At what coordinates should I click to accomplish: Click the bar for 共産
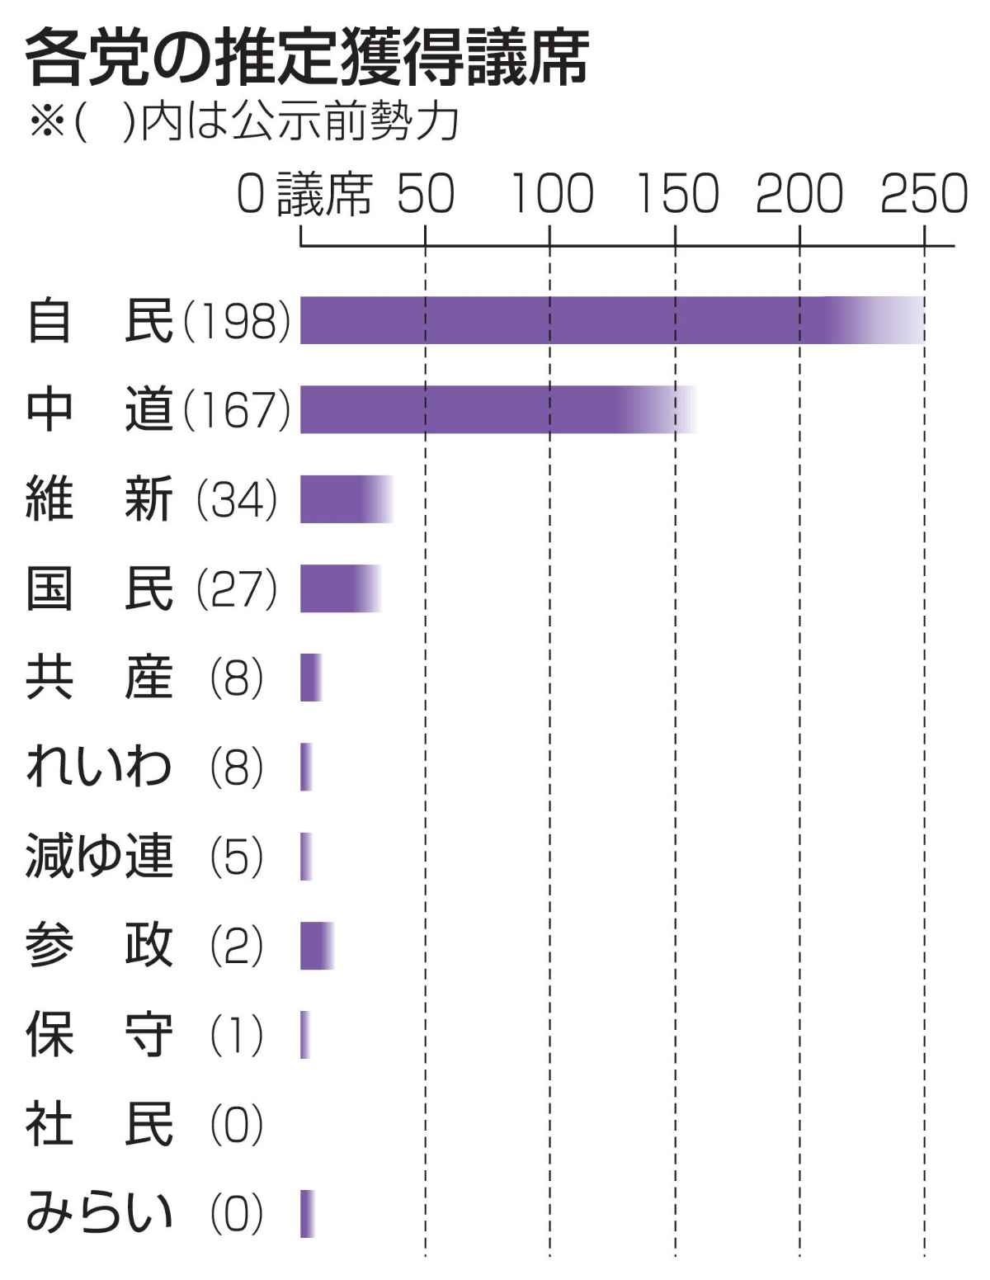coord(310,678)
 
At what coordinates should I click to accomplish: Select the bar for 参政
coord(316,946)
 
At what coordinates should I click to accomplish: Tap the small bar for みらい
coord(307,1213)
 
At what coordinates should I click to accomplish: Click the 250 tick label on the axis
coord(923,195)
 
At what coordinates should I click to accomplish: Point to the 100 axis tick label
coord(550,195)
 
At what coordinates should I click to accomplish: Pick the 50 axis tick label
coord(426,195)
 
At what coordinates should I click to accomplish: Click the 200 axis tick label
coord(799,195)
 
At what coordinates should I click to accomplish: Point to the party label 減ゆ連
coord(99,857)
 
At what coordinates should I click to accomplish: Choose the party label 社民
coord(99,1124)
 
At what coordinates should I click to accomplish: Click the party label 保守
coord(99,1035)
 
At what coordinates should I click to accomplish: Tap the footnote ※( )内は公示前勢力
coord(243,125)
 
